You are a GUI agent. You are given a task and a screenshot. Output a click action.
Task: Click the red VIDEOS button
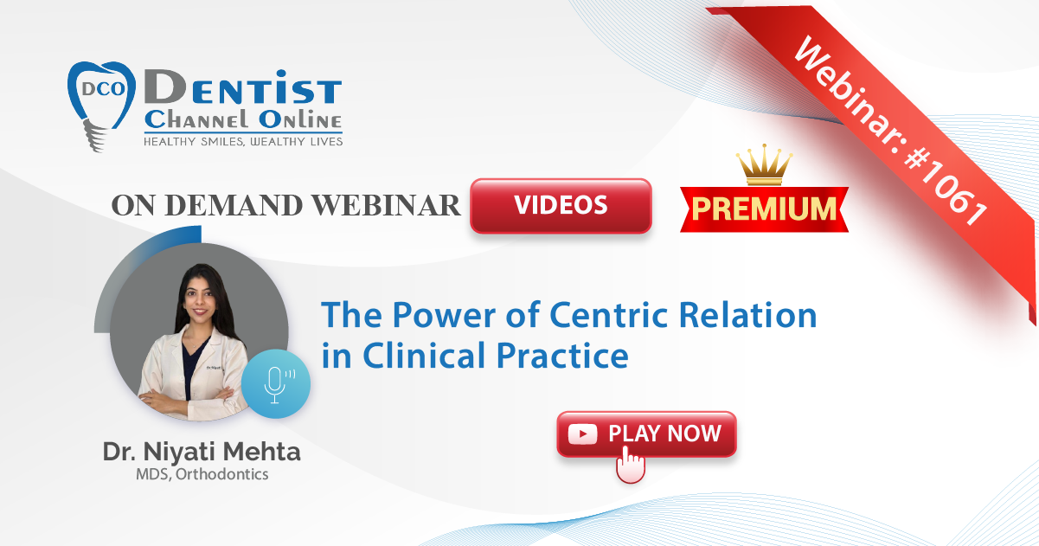click(x=561, y=205)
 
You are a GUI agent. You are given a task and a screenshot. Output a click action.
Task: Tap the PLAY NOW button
click(x=646, y=434)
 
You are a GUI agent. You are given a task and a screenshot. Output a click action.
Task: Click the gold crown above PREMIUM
click(x=765, y=164)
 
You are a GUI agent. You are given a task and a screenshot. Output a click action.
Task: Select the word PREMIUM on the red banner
click(x=764, y=209)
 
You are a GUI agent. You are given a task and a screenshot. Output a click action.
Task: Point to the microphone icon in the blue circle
click(x=275, y=385)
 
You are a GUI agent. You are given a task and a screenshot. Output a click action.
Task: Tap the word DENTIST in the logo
click(x=243, y=87)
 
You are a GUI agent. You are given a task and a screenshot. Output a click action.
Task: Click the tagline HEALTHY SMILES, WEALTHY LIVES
click(x=243, y=142)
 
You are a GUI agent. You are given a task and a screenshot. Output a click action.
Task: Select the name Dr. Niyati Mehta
click(x=202, y=452)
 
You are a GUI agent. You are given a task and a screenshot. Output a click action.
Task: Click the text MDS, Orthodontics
click(x=202, y=474)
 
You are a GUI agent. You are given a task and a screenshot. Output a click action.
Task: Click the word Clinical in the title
click(x=426, y=356)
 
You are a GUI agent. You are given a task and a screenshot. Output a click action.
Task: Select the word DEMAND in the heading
click(x=234, y=205)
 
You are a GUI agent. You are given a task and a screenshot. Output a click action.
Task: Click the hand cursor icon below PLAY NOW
click(x=631, y=465)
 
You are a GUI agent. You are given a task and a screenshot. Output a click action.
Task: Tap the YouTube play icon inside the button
click(x=582, y=434)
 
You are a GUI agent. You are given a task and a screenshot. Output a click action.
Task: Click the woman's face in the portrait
click(x=200, y=297)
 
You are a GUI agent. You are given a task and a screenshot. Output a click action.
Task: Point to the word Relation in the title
click(x=747, y=315)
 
